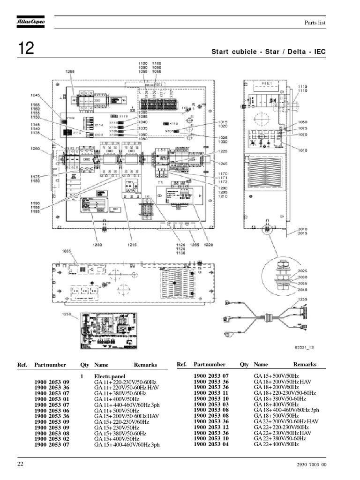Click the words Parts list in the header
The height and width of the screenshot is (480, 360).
click(x=315, y=22)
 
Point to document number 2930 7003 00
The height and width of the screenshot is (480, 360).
click(x=311, y=465)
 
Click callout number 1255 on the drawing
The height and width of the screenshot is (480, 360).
click(x=70, y=71)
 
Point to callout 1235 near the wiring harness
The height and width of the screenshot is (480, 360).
click(x=302, y=299)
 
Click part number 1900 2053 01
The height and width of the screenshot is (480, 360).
click(x=52, y=398)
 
